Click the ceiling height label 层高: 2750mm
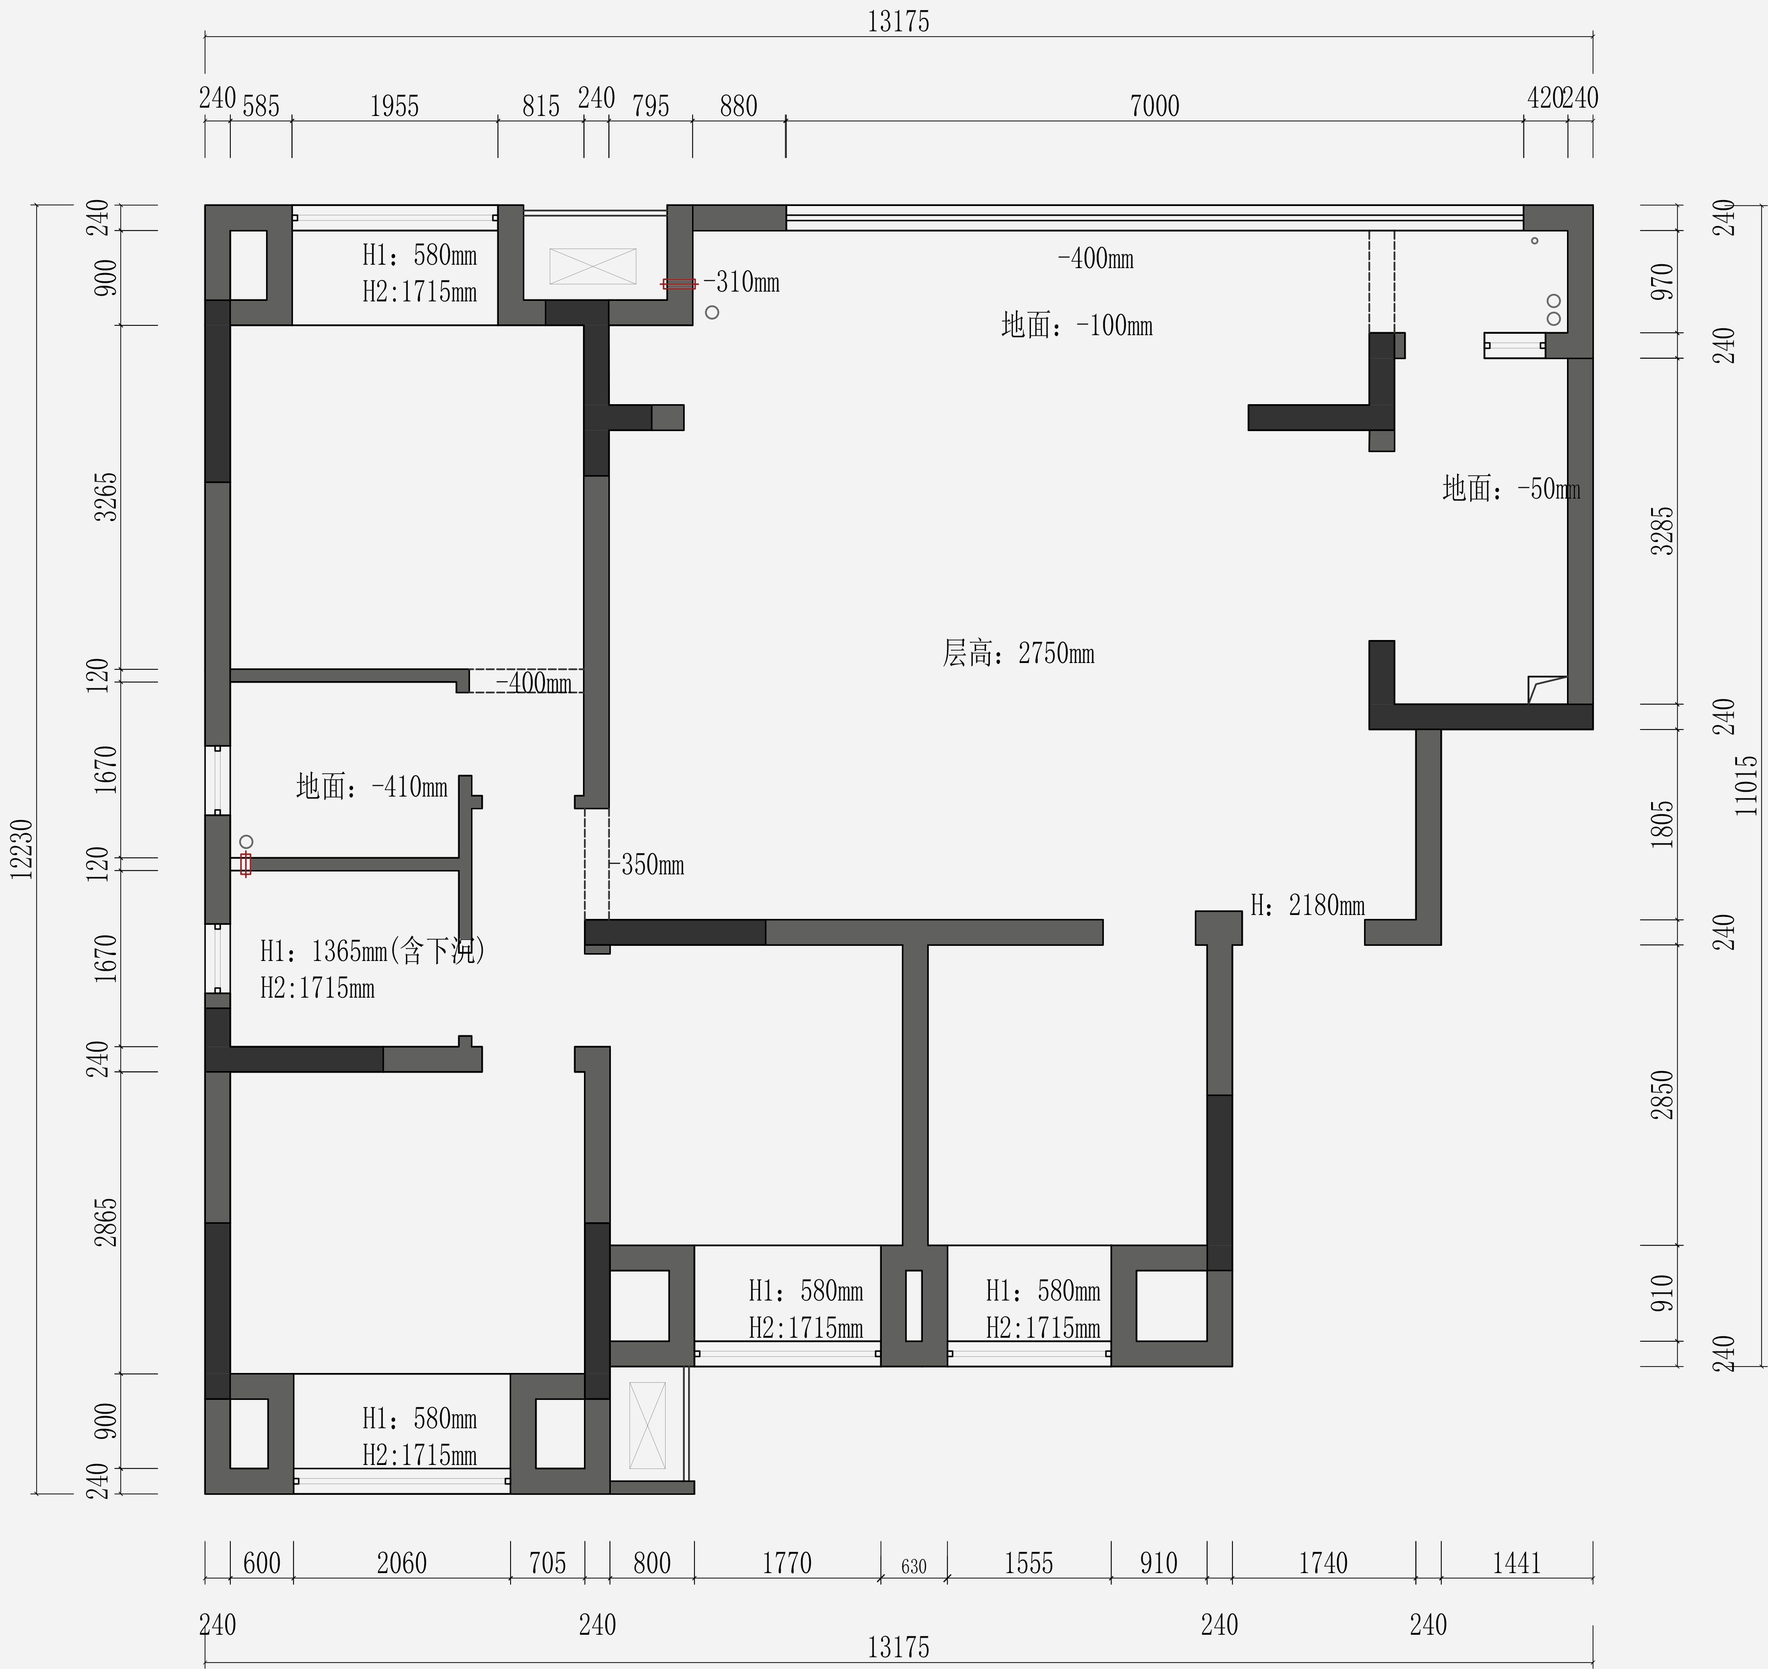[x=1018, y=653]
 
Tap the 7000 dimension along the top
[x=1154, y=106]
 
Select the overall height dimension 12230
[x=22, y=849]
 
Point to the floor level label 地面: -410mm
[x=372, y=786]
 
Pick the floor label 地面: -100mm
[x=1077, y=325]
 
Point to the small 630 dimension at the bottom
[x=914, y=1567]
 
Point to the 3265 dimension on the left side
[x=106, y=497]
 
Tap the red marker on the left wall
[x=246, y=864]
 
